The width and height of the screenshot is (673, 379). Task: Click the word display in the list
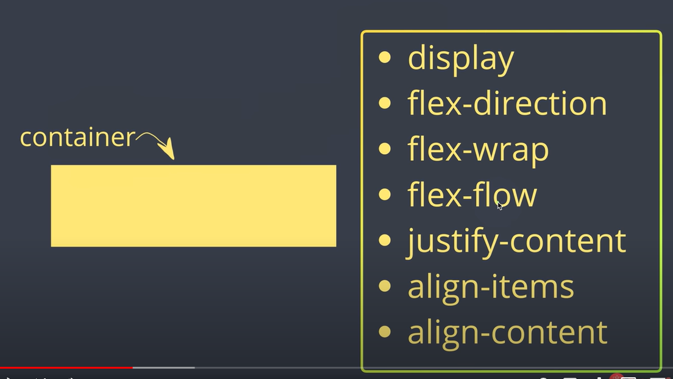461,59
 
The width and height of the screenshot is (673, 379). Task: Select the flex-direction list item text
507,104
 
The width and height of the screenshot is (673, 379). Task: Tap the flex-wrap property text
478,150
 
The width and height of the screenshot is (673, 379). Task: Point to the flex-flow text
472,196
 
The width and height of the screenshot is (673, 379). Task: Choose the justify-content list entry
516,241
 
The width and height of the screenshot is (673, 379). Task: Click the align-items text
491,287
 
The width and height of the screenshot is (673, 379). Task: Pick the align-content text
507,333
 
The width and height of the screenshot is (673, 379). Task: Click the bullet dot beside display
385,58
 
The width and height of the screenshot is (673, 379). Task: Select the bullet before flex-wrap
385,149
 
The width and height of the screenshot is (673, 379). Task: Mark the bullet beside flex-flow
385,195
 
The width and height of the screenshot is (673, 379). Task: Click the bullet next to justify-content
385,241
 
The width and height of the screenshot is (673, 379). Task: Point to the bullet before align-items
385,286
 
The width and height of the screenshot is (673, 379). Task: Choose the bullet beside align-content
385,332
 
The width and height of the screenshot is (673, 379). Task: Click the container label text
77,138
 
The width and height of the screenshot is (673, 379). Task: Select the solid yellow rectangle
193,205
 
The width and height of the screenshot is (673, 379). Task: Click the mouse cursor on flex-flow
499,205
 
